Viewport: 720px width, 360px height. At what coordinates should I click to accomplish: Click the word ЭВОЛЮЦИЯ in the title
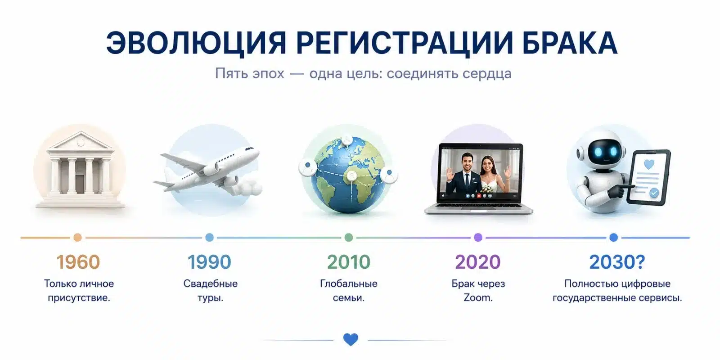[x=196, y=43]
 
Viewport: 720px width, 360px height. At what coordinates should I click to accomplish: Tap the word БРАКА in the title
[x=570, y=43]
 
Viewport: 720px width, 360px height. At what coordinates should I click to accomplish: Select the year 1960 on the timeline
[x=78, y=262]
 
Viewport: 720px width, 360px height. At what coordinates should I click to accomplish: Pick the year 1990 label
[x=209, y=262]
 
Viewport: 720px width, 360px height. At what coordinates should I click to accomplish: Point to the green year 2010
[x=349, y=262]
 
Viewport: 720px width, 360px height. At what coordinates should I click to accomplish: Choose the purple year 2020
[x=478, y=262]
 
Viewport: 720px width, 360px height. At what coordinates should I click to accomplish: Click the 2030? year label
[x=617, y=262]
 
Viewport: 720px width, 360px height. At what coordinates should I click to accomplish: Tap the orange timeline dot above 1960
[x=77, y=238]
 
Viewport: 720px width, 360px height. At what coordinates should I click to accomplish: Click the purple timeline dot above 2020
[x=478, y=238]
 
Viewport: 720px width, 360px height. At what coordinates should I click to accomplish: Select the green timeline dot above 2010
[x=349, y=238]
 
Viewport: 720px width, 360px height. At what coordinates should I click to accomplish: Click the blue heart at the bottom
[x=351, y=339]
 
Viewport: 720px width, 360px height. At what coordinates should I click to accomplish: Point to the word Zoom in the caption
[x=478, y=297]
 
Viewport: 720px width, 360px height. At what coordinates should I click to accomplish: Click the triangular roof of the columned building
[x=80, y=142]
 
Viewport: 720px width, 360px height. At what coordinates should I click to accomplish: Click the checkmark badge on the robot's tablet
[x=654, y=193]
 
